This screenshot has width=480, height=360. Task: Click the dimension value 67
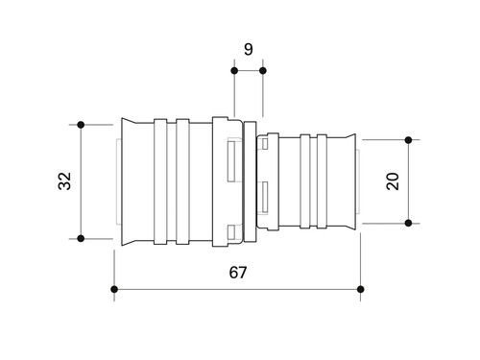[x=238, y=273]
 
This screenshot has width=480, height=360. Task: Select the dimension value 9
[x=249, y=49]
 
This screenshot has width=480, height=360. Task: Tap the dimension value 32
[x=64, y=181]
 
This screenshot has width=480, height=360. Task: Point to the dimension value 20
[x=393, y=181]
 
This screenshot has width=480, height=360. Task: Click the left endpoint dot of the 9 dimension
[x=234, y=71]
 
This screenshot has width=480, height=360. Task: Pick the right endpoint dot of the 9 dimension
[x=263, y=71]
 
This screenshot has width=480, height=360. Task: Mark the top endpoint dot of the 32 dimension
[x=81, y=125]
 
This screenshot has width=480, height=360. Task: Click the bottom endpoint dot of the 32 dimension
[x=81, y=238]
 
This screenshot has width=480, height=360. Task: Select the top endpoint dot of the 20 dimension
[x=408, y=140]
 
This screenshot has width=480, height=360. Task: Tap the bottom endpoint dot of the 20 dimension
[x=408, y=223]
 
